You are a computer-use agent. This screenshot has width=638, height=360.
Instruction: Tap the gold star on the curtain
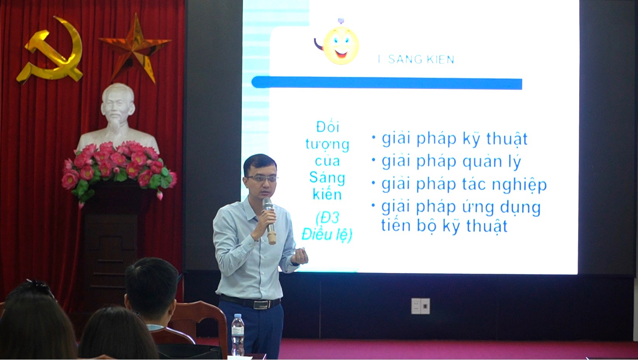135,47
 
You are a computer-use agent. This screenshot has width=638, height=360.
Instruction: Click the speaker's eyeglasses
262,178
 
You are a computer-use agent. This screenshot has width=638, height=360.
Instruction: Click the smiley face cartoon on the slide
340,45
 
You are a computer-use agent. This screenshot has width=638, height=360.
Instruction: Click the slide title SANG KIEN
420,60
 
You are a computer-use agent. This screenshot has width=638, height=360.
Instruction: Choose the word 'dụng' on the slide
519,208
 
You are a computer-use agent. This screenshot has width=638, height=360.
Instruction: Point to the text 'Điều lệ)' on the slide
327,234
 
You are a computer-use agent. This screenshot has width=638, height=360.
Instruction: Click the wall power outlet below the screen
420,306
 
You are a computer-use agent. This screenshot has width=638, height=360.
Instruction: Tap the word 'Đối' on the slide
328,127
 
